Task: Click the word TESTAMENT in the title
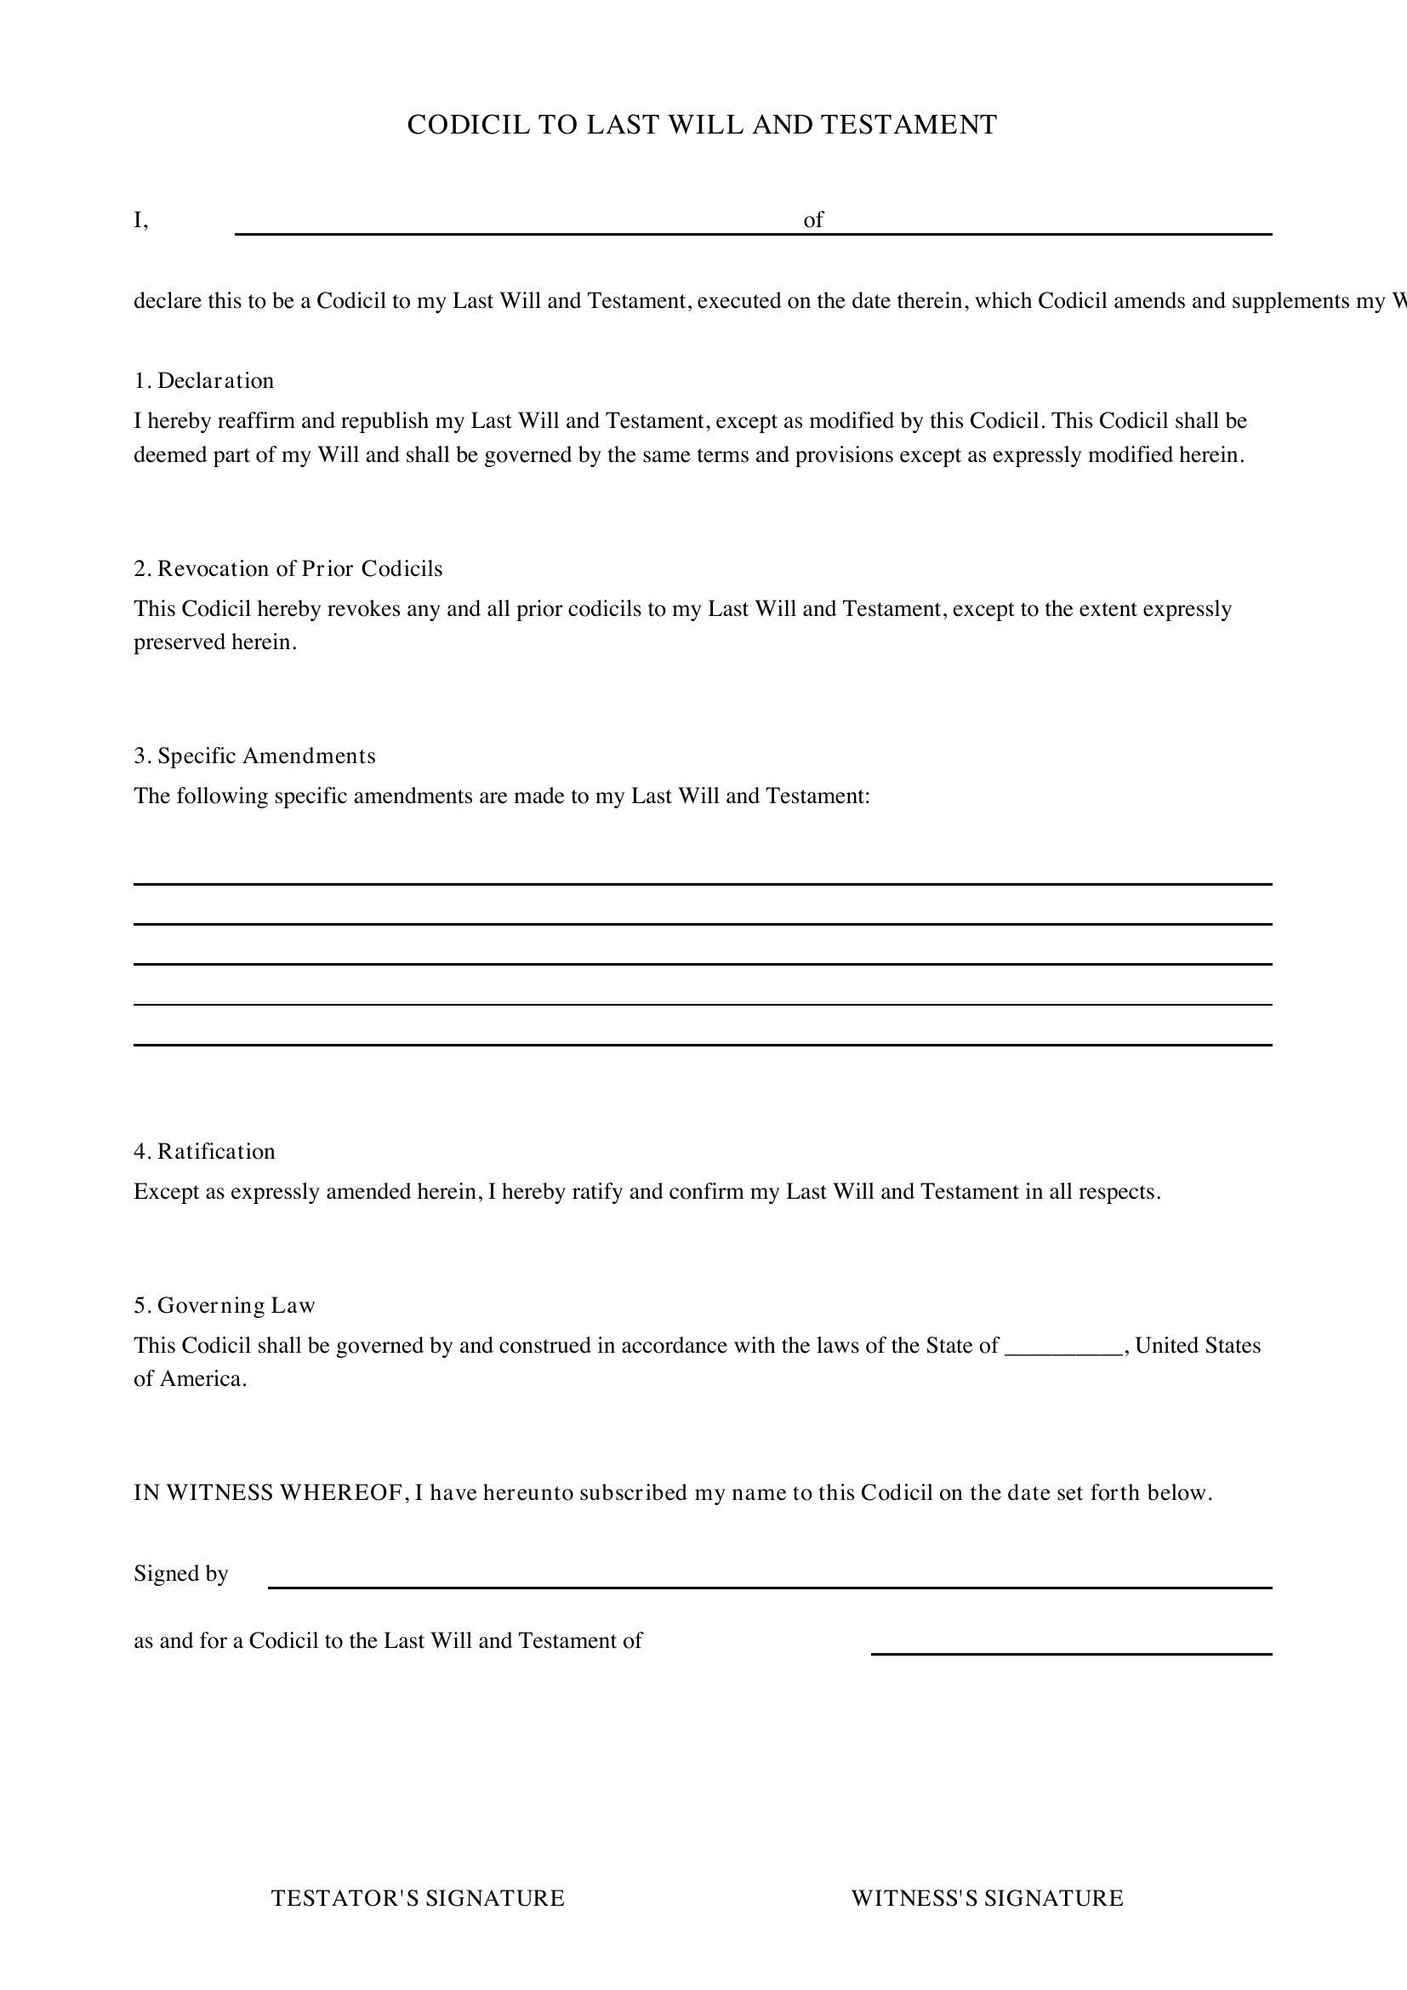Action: coord(909,125)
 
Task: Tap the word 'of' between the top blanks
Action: coord(812,220)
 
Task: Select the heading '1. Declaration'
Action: coord(203,380)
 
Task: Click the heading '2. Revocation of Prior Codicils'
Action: coord(288,568)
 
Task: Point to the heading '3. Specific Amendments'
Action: coord(254,756)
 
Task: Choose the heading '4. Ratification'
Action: coord(204,1151)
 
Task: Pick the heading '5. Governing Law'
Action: coord(225,1305)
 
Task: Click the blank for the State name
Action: coord(1064,1347)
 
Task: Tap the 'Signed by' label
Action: coord(181,1573)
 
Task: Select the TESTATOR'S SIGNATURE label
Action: coord(418,1898)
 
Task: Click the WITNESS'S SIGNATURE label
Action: coord(987,1898)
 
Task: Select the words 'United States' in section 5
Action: coord(1198,1345)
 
